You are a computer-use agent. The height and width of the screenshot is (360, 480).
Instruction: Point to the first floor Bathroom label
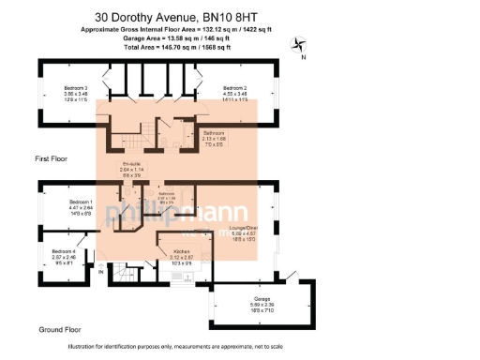point(215,133)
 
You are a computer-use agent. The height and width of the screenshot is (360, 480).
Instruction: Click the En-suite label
point(143,165)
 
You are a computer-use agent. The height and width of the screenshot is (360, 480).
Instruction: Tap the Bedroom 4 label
point(63,251)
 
